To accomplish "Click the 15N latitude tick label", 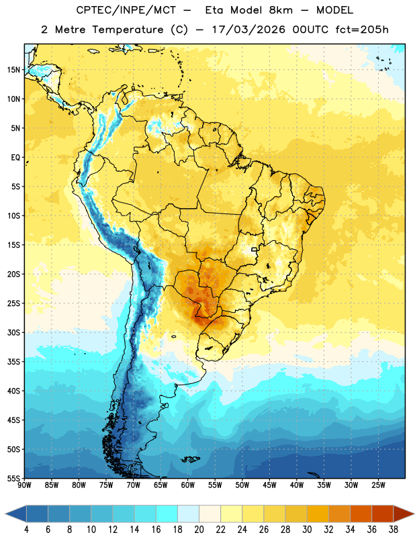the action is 13,70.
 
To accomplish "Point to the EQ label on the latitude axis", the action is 15,158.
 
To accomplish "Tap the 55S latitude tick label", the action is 13,478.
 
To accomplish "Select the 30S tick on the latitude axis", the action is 13,332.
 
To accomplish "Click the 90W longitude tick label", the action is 24,485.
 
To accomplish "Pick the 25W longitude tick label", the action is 378,485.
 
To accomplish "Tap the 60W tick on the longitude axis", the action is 188,485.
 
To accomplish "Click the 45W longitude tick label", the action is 269,485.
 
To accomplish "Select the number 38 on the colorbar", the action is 394,530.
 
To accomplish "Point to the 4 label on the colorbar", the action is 27,530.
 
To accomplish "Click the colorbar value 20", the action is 199,530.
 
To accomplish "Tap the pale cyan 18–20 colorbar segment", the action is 189,514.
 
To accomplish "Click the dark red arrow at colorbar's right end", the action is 403,514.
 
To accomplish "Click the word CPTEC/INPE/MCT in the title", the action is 126,10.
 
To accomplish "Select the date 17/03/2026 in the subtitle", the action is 248,30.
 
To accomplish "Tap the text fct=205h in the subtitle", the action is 362,30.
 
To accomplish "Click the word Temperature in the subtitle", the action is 128,30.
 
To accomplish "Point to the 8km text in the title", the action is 281,10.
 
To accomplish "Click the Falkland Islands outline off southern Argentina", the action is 190,459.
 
